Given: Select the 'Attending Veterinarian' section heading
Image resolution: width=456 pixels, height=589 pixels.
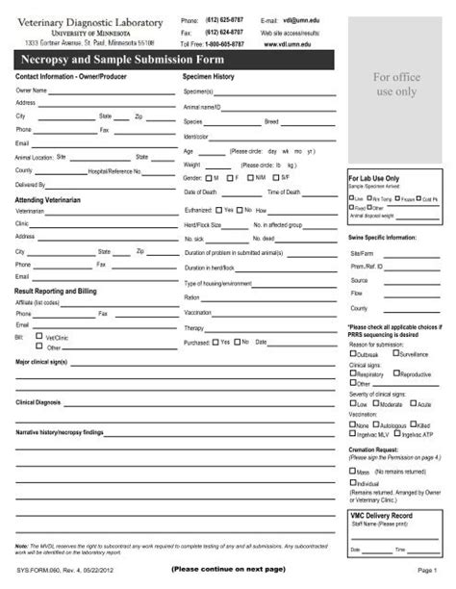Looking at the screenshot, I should [54, 198].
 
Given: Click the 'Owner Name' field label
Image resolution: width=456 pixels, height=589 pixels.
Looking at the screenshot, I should [32, 90].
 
